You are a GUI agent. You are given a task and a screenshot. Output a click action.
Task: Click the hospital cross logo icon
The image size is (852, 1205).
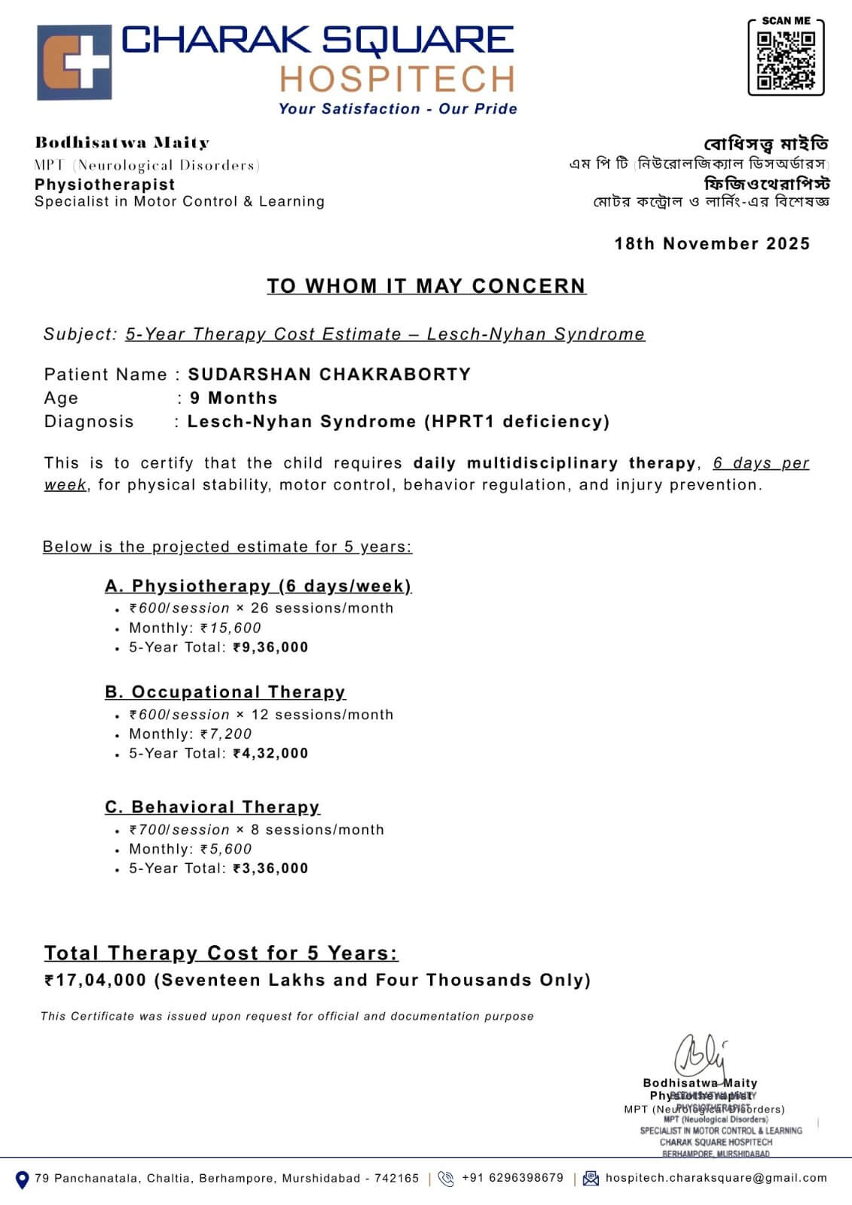75,63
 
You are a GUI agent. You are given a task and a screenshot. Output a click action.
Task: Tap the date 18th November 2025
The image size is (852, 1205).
712,243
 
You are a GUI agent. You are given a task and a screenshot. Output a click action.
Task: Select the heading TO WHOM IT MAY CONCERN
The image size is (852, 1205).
426,286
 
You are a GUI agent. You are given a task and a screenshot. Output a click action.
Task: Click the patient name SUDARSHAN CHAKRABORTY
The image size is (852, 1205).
329,374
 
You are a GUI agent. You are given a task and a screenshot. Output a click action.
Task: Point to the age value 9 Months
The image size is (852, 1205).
234,398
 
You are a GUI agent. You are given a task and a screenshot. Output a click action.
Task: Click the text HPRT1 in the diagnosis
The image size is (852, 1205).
460,421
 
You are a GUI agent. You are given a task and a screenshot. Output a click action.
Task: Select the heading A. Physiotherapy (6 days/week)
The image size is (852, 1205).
258,586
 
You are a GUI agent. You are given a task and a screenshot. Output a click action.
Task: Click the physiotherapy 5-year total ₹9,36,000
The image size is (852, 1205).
271,647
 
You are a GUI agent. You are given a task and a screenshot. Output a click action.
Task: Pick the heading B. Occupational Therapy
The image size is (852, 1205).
225,691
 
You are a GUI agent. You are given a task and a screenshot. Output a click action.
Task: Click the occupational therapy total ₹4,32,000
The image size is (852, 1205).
271,753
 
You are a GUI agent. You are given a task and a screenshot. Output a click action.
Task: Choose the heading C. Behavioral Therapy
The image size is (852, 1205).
212,807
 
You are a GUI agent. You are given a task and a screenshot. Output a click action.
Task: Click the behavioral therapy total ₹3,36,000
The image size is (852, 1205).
271,868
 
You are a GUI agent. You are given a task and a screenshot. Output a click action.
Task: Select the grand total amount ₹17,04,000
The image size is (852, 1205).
96,980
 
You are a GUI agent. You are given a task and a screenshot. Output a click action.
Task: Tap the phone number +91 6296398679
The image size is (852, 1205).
512,1178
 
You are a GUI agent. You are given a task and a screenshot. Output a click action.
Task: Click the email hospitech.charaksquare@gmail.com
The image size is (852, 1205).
716,1178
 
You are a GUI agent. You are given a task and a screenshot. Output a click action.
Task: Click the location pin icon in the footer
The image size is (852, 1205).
22,1179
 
